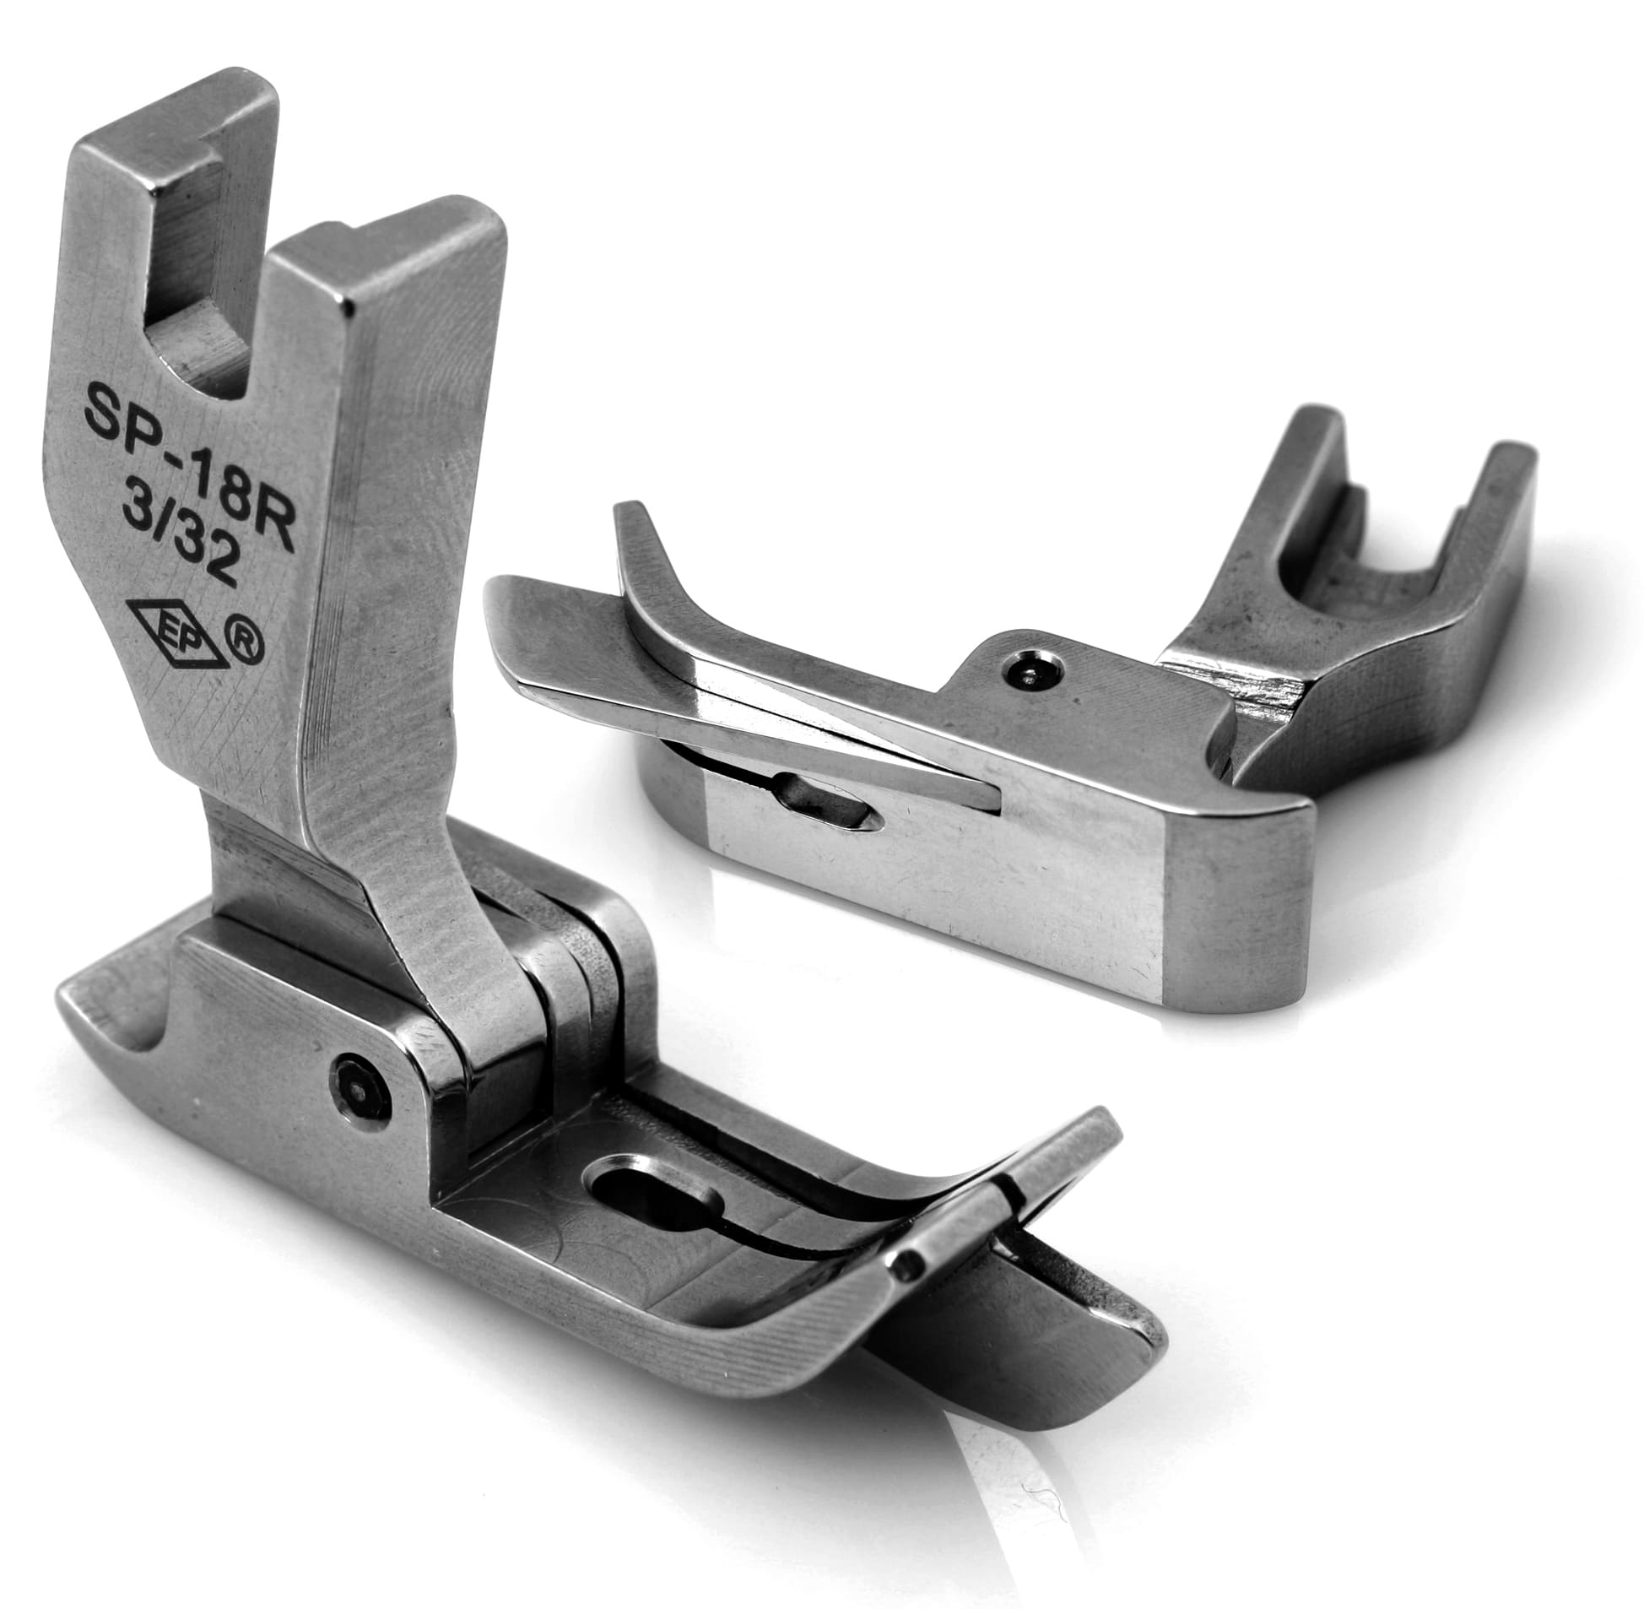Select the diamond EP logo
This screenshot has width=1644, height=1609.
click(167, 629)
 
